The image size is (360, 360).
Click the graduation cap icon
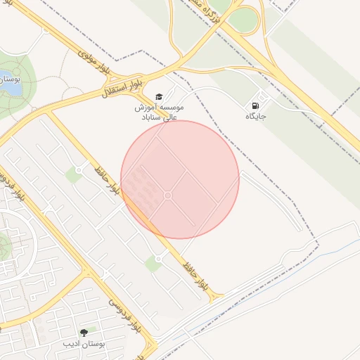[x=158, y=96]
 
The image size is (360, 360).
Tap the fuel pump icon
[x=254, y=105]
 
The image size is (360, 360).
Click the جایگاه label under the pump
[x=257, y=116]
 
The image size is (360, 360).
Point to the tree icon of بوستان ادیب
[x=84, y=333]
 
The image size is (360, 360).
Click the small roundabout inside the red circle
[x=168, y=195]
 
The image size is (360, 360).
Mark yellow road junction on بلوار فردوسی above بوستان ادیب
[x=86, y=271]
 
